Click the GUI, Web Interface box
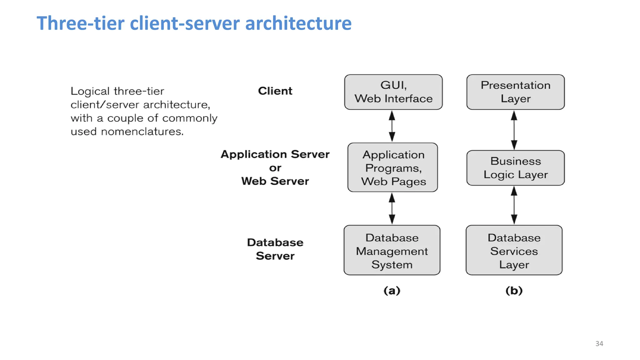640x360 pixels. click(393, 92)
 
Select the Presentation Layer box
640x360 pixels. click(515, 92)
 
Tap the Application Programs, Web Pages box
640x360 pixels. click(392, 167)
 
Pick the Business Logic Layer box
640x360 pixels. click(515, 168)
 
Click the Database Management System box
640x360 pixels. click(392, 250)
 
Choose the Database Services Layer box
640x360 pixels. click(514, 250)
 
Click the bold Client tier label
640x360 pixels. click(275, 91)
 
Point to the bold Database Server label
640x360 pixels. click(275, 249)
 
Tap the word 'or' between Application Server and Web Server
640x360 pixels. click(275, 168)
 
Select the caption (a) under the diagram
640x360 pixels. click(392, 291)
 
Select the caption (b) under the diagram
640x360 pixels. click(514, 291)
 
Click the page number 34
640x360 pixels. click(599, 344)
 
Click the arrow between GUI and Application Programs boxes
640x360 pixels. click(392, 126)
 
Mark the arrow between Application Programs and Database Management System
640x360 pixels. click(392, 208)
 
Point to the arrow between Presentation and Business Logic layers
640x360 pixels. click(514, 130)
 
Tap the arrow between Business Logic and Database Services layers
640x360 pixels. click(514, 205)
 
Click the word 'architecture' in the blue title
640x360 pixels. click(298, 23)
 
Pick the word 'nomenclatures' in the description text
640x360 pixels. click(142, 132)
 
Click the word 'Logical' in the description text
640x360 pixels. click(90, 92)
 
